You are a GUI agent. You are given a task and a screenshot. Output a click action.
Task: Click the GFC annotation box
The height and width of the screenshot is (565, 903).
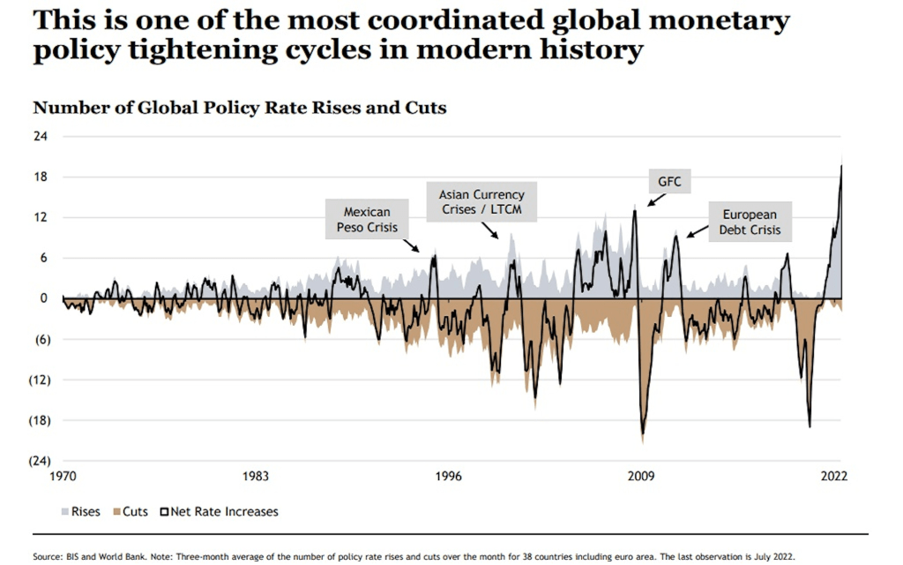point(669,182)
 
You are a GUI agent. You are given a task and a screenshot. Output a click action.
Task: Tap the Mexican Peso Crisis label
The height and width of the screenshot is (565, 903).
point(367,220)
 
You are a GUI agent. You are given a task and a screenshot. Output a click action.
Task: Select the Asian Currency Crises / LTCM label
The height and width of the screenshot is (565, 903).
point(481,202)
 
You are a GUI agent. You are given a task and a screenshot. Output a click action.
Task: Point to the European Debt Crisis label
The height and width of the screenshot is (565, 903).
point(750,222)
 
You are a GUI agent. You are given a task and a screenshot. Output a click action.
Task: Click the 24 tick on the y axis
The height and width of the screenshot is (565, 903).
point(41,136)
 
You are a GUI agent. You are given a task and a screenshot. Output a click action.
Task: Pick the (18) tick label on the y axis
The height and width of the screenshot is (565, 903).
point(38,420)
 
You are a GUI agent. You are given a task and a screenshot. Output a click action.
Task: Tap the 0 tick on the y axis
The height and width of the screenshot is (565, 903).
point(43,298)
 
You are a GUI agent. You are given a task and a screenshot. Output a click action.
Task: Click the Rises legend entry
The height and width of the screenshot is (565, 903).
point(80,511)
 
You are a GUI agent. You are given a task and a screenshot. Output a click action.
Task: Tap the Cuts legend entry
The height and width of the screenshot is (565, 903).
point(129,511)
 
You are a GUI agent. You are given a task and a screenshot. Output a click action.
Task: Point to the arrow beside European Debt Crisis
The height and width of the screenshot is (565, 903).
point(697,231)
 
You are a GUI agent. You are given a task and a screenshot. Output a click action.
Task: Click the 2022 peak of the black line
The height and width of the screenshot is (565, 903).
point(841,166)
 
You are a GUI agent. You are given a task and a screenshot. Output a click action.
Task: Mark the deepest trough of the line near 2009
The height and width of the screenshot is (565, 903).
point(642,433)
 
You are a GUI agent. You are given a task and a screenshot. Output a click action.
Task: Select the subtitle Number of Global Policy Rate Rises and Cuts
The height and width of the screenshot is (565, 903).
point(239,108)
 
